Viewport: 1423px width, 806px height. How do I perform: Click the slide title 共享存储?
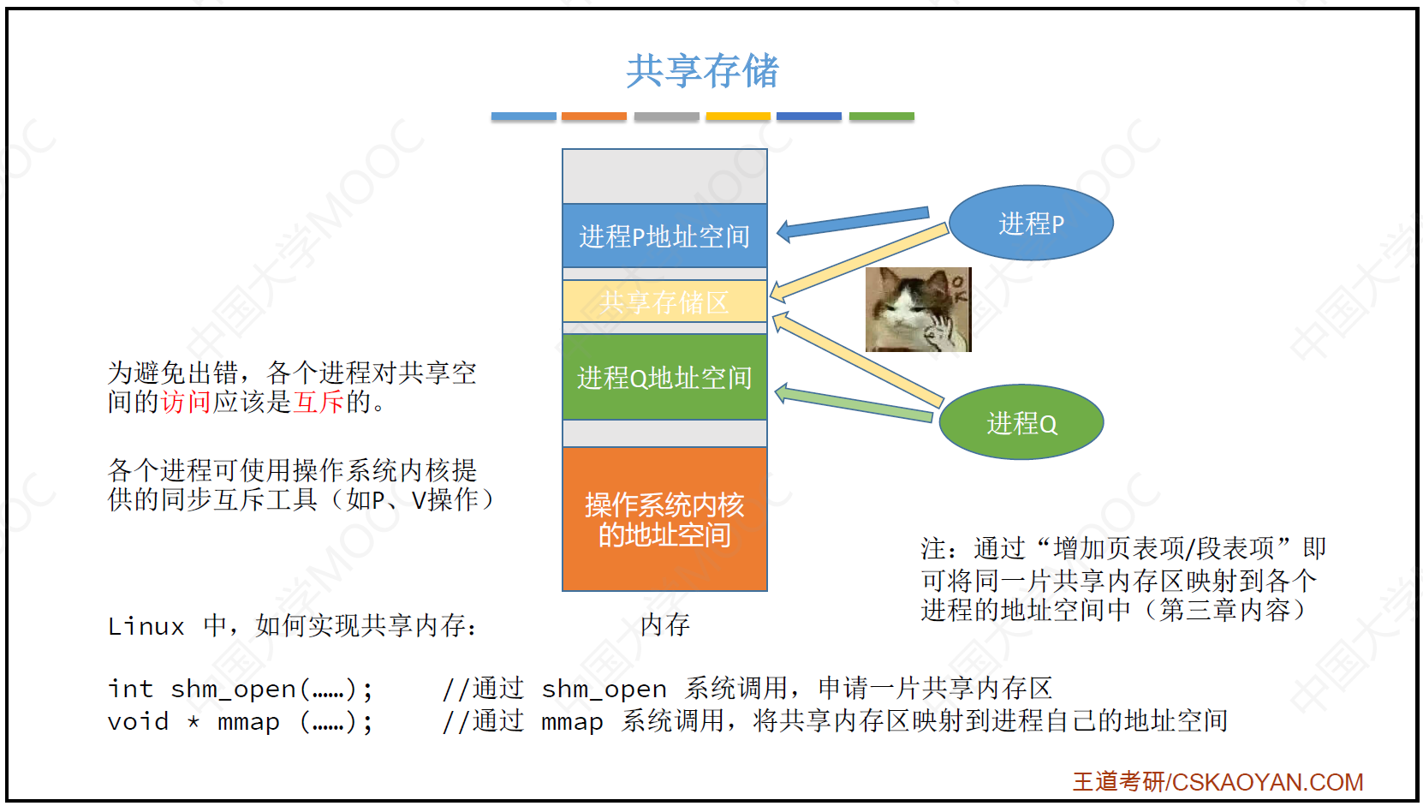click(703, 70)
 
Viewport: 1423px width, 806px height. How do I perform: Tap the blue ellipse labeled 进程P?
click(1031, 223)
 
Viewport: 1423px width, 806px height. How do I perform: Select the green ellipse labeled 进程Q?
click(1021, 422)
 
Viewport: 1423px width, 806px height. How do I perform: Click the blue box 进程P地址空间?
click(664, 236)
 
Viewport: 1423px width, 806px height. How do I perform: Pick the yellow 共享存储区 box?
click(664, 302)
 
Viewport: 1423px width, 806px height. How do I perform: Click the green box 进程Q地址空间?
click(664, 378)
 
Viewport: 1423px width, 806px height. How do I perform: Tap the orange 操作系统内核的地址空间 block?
click(664, 519)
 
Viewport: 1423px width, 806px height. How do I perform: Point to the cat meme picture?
click(919, 309)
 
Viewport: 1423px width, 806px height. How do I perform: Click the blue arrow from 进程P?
click(853, 224)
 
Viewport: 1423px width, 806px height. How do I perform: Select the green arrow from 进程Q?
click(854, 403)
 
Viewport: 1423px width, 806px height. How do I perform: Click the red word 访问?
click(186, 402)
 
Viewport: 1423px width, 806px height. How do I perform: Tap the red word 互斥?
click(319, 402)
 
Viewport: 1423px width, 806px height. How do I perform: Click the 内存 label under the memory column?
click(664, 624)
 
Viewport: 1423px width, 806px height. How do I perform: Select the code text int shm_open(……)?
click(240, 689)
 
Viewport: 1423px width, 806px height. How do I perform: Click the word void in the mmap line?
click(138, 721)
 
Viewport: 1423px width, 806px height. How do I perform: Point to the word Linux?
click(146, 626)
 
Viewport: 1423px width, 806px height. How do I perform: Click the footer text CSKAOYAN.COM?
click(1267, 782)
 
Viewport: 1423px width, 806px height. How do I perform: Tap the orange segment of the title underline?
click(594, 116)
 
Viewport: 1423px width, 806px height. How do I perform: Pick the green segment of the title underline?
click(882, 116)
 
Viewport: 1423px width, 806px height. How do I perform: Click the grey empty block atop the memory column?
click(664, 176)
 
